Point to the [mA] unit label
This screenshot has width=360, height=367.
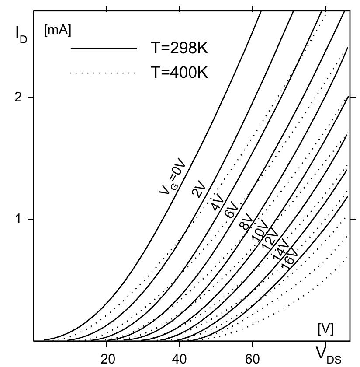(57, 31)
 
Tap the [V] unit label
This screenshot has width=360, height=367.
(325, 329)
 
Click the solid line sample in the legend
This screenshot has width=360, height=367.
(104, 49)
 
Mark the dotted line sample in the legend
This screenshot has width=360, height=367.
(104, 73)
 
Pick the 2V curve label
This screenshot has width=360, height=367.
(199, 189)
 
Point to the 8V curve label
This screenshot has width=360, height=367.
(246, 221)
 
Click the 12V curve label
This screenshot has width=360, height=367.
(270, 239)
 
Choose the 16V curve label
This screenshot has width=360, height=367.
(289, 258)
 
